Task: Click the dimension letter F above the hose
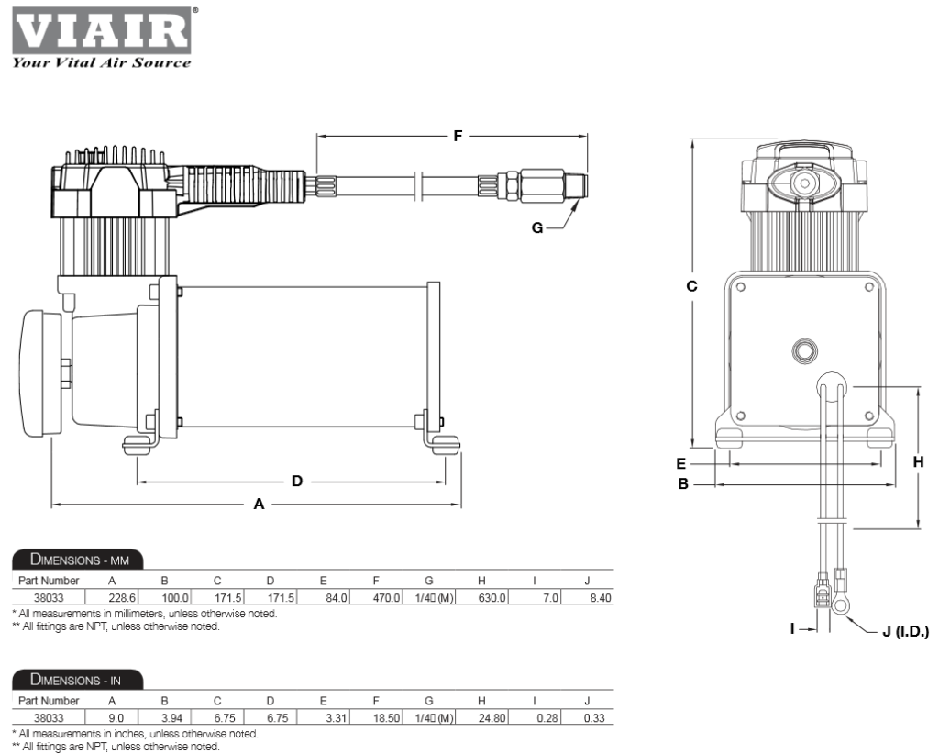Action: click(458, 136)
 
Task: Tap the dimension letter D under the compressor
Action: click(296, 481)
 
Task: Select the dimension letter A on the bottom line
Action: click(259, 504)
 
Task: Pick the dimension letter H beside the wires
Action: click(918, 463)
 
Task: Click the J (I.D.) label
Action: click(905, 632)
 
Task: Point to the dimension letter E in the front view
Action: click(681, 463)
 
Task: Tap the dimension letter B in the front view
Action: click(682, 482)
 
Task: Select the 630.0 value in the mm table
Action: click(492, 598)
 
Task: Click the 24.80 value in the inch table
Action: click(492, 718)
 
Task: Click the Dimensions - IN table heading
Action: click(75, 680)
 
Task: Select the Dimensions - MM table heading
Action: click(77, 560)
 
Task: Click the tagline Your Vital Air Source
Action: click(101, 62)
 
